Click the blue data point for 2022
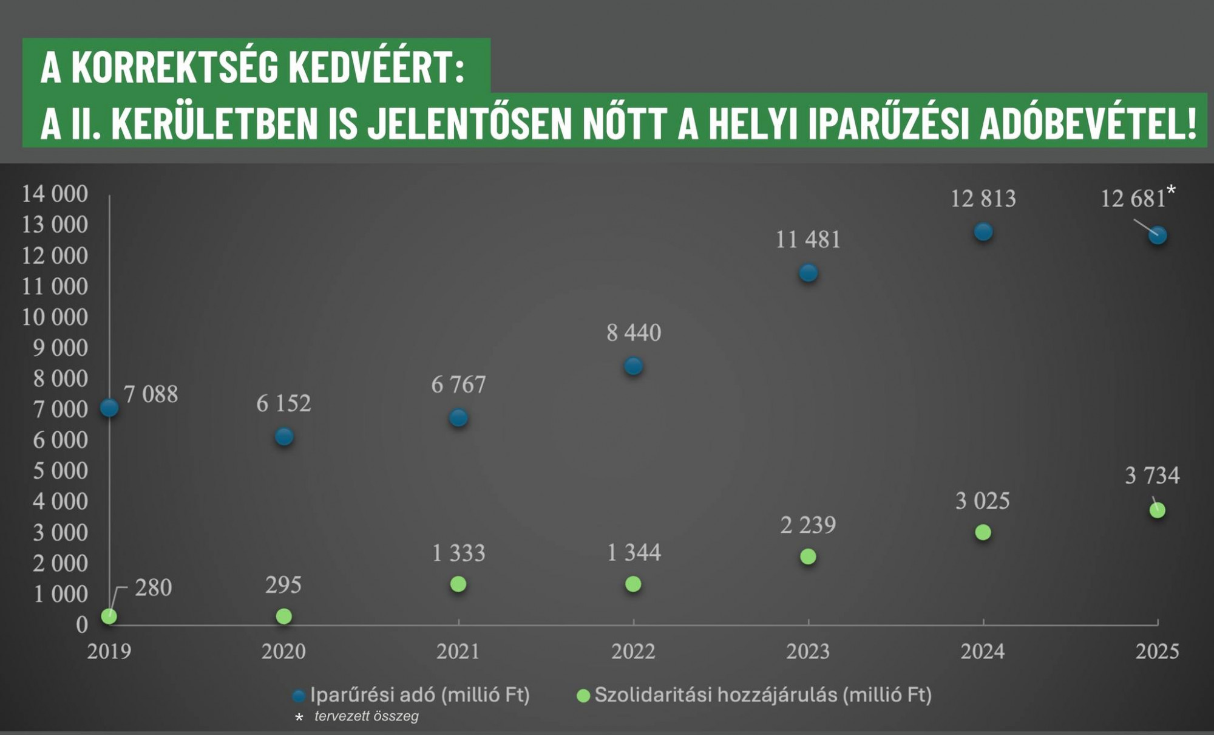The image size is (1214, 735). tap(633, 366)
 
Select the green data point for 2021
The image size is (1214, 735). tap(458, 584)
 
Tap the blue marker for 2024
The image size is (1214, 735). tap(983, 231)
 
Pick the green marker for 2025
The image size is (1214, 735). tap(1157, 510)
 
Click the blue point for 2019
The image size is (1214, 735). tap(109, 408)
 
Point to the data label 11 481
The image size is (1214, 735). tap(808, 240)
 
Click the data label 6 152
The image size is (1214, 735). tap(283, 403)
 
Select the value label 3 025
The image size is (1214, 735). tap(982, 501)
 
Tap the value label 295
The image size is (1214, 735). tap(283, 585)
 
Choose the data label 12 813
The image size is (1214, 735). tap(983, 199)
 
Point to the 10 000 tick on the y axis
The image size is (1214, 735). tap(55, 317)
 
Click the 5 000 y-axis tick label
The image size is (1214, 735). tap(60, 471)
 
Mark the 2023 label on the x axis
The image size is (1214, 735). tap(808, 652)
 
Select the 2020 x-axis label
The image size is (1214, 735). tap(283, 652)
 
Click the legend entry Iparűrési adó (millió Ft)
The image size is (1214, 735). tap(419, 695)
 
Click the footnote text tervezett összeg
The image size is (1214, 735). tap(367, 716)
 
